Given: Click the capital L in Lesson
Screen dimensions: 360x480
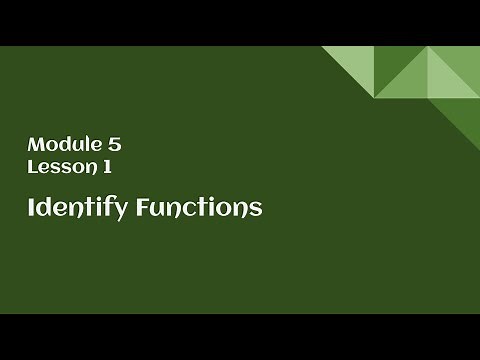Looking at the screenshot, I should pos(32,167).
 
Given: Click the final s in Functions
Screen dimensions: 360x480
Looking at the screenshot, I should pos(255,209).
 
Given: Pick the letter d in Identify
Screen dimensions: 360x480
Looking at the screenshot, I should pos(43,207).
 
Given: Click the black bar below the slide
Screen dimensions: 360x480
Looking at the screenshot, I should pos(240,337).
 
